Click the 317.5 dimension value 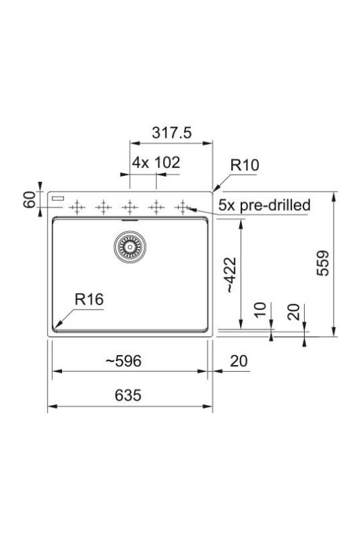172,133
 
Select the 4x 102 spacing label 156,164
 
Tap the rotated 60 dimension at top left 29,199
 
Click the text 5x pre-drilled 264,204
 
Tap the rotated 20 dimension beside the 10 293,311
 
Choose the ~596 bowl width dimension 123,361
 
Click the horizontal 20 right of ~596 239,361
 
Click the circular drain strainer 128,247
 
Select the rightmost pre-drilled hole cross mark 181,207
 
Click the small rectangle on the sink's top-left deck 57,199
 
